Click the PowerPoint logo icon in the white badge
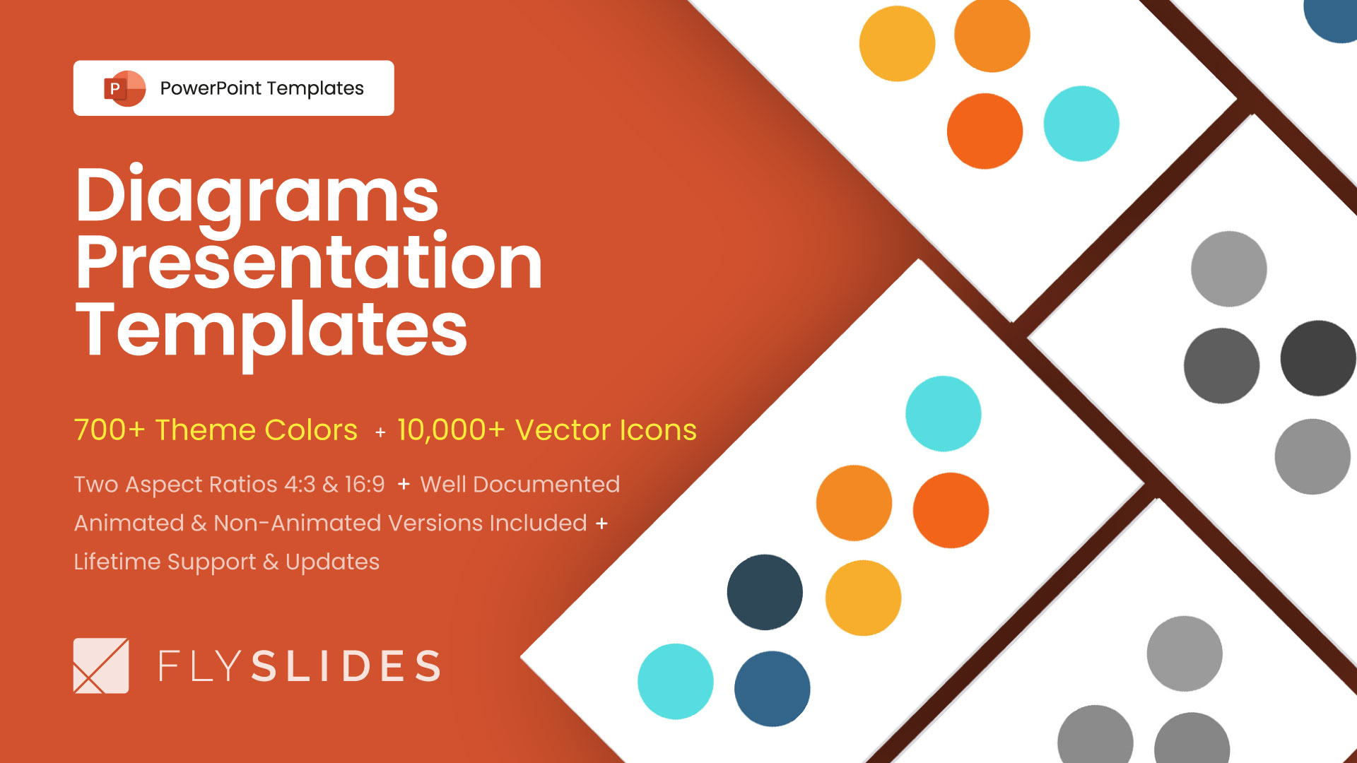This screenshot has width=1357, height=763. click(x=124, y=88)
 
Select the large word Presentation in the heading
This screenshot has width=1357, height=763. click(x=309, y=263)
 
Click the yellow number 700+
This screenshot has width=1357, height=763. click(x=110, y=430)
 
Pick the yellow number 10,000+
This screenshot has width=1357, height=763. click(x=451, y=430)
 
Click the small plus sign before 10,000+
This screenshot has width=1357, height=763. click(x=380, y=432)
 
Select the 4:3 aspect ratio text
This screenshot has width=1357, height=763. click(x=300, y=485)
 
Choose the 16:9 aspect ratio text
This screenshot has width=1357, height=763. click(x=365, y=485)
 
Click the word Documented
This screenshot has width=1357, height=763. click(x=546, y=485)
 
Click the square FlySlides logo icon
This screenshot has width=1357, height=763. click(x=101, y=666)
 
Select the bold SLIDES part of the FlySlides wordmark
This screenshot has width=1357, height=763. click(x=346, y=666)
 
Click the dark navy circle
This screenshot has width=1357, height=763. click(x=765, y=592)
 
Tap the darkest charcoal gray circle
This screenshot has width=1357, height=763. click(x=1317, y=358)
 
